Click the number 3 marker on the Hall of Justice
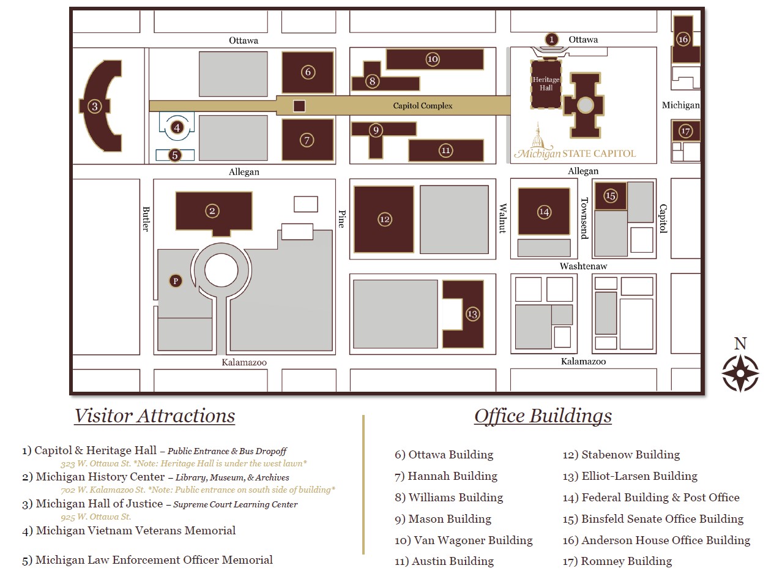94,106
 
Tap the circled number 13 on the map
472,314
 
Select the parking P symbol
176,281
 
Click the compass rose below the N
740,373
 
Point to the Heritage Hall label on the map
546,84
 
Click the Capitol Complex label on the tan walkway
422,105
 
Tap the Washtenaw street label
583,266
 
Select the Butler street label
146,219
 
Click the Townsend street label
585,218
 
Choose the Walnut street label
503,218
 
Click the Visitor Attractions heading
154,416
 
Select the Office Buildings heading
543,416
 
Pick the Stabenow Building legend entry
621,455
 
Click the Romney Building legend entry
617,561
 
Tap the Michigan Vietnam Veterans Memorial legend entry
128,530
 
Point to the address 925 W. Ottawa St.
95,517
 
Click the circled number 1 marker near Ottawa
551,39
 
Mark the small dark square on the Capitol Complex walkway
299,106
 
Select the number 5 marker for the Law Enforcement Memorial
175,155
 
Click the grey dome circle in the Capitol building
585,105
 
